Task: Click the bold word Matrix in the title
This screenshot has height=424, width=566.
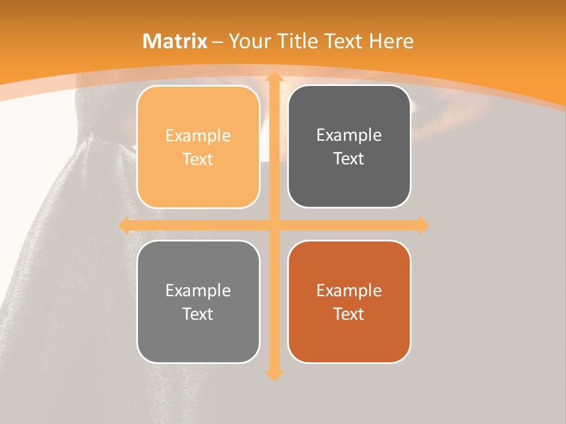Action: click(175, 41)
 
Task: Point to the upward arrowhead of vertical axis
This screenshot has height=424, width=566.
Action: click(274, 77)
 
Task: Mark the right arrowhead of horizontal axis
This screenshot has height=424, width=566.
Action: click(423, 225)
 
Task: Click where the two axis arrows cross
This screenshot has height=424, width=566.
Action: click(274, 225)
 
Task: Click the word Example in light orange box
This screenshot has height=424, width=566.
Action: click(198, 136)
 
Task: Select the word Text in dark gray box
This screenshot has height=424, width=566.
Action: click(349, 159)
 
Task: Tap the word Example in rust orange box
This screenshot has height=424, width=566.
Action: click(349, 290)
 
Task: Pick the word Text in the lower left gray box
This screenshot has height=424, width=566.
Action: click(198, 314)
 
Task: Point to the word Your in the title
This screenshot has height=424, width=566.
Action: click(250, 41)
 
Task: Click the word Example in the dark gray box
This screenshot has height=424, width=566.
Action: click(349, 135)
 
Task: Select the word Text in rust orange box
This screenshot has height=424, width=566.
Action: click(349, 314)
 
